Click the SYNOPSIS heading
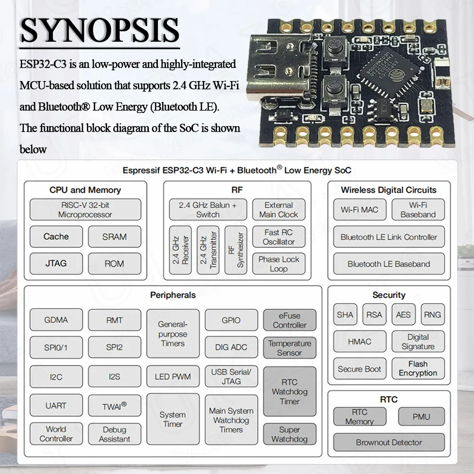(x=100, y=31)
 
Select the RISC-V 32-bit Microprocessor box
(x=85, y=210)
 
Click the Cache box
(x=56, y=237)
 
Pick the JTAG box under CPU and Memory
(x=56, y=264)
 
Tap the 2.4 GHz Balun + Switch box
(x=208, y=210)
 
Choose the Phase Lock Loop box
(x=279, y=264)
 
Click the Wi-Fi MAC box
(x=359, y=210)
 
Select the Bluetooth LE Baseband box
(x=389, y=264)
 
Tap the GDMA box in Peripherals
(x=56, y=320)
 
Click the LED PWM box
(x=173, y=377)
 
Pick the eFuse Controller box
(x=289, y=320)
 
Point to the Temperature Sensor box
(x=289, y=348)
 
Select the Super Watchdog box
(x=289, y=434)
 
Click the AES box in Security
(x=403, y=315)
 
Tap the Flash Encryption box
(x=418, y=368)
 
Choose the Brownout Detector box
(x=389, y=442)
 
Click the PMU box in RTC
(x=421, y=417)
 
